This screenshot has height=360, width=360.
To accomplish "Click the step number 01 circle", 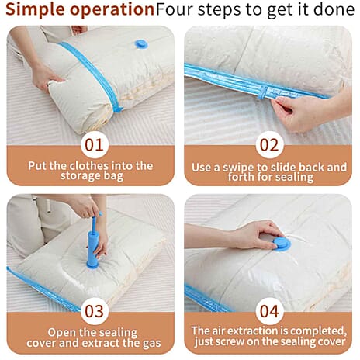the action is [94, 145].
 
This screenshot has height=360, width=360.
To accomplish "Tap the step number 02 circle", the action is [269, 145].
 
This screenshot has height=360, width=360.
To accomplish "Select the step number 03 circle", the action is [94, 311].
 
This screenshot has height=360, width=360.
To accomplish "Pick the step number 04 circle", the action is [269, 311].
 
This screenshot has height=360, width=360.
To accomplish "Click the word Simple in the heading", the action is [36, 10].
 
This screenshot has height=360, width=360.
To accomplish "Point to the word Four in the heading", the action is [175, 9].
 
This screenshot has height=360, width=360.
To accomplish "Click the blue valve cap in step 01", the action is [141, 44].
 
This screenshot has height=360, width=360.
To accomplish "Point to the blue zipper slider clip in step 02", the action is [263, 92].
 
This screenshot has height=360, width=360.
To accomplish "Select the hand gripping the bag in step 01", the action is [45, 78].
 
